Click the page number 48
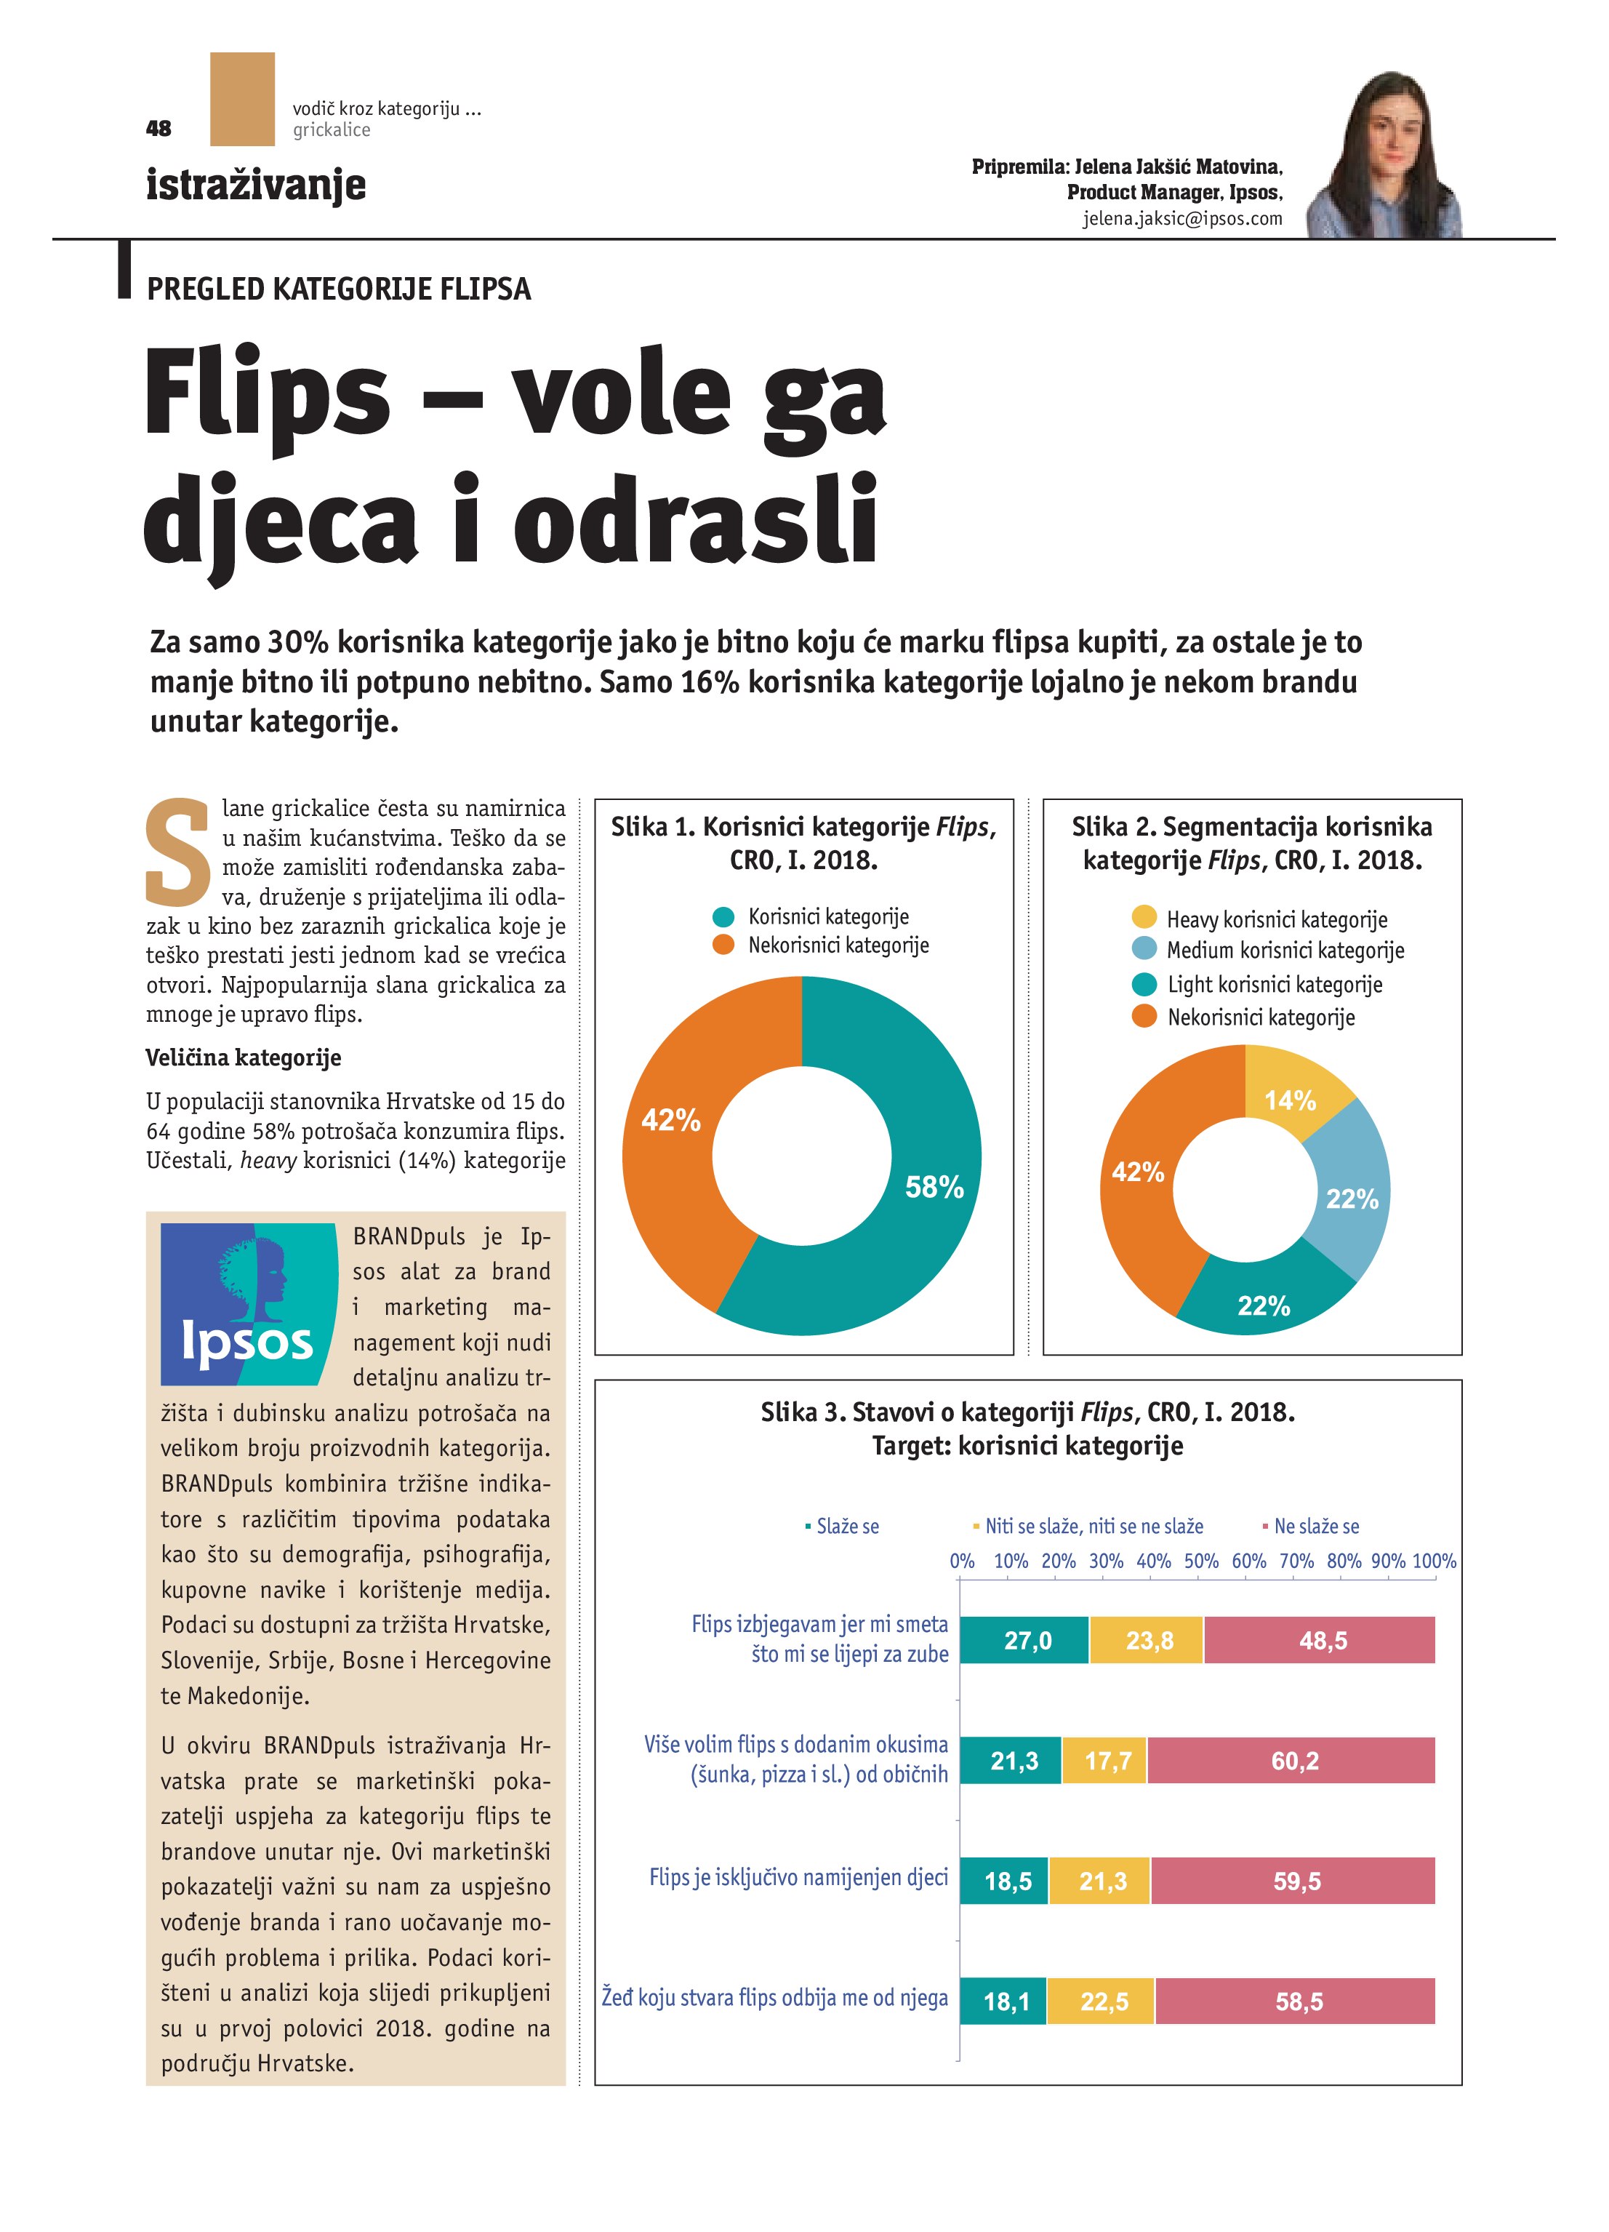click(x=159, y=129)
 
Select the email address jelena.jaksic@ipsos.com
click(x=1183, y=218)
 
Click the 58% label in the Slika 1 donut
click(x=934, y=1187)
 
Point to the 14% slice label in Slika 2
click(x=1290, y=1100)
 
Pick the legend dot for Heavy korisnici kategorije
click(x=1144, y=917)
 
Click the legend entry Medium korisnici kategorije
click(x=1284, y=951)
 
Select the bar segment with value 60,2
click(x=1293, y=1761)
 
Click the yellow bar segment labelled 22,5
click(x=1103, y=2001)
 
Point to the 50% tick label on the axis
click(x=1200, y=1561)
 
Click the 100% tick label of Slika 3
click(x=1433, y=1561)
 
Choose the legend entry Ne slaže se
click(x=1315, y=1527)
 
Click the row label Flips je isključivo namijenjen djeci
click(x=798, y=1878)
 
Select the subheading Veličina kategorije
click(x=243, y=1058)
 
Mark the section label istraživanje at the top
click(x=256, y=184)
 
